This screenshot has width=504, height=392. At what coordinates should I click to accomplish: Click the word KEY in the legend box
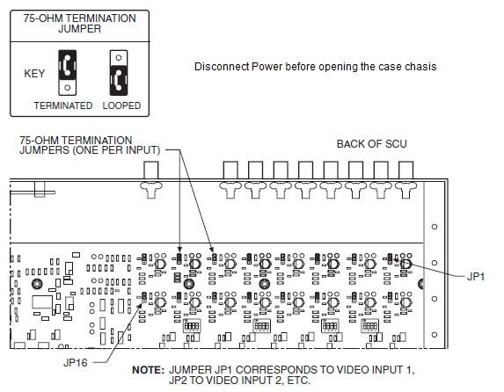point(34,73)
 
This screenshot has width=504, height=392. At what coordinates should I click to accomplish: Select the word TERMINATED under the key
point(62,105)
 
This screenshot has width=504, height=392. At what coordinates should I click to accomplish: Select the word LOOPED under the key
point(121,105)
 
